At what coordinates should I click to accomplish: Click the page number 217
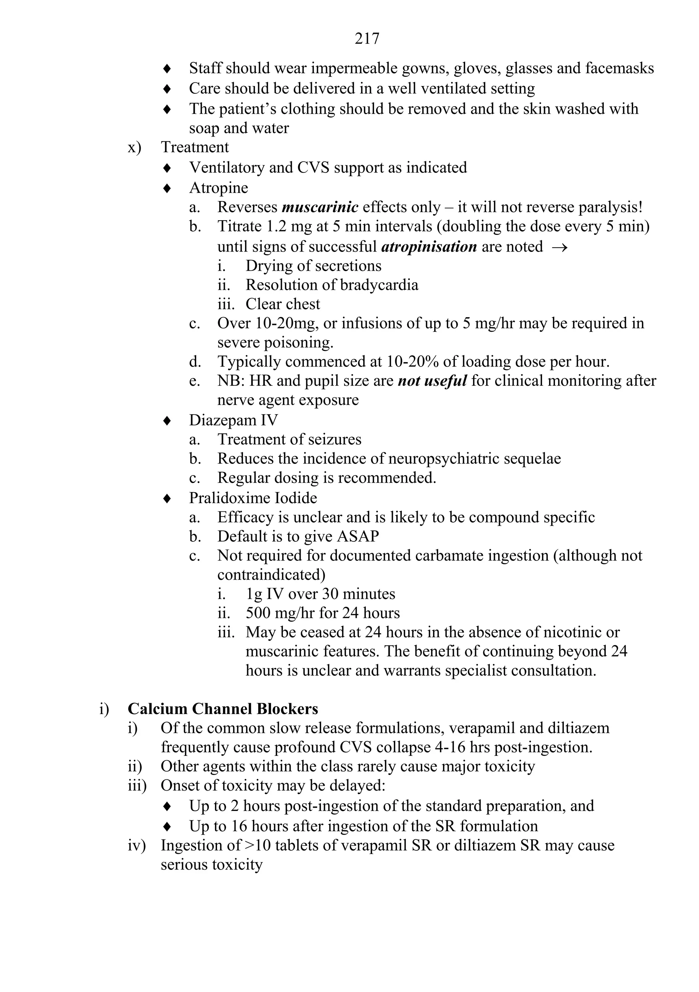[x=367, y=39]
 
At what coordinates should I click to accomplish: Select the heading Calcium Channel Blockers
[x=223, y=709]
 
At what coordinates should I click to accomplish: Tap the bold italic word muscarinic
[x=320, y=208]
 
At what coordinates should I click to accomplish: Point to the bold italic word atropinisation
[x=429, y=247]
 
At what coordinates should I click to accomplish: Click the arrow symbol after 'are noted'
[x=559, y=247]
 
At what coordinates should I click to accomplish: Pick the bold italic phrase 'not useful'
[x=432, y=381]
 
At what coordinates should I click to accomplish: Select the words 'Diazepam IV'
[x=233, y=420]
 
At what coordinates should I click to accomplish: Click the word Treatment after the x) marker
[x=195, y=147]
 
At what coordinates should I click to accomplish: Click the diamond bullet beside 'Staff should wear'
[x=167, y=69]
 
